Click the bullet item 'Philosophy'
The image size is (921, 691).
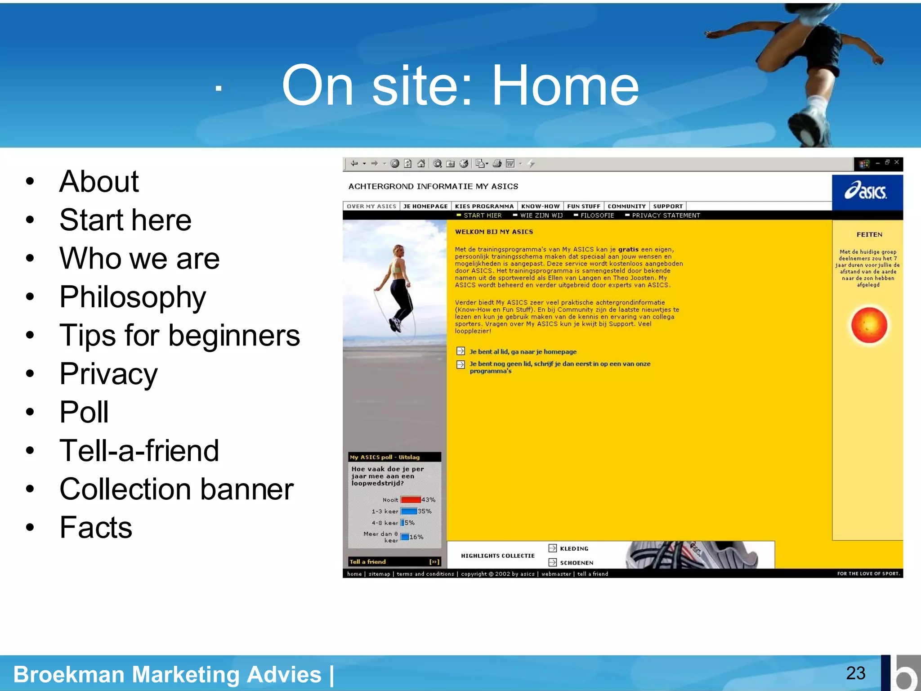(x=133, y=297)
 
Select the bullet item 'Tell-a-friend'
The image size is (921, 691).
(x=139, y=451)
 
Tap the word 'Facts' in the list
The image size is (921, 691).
(x=96, y=528)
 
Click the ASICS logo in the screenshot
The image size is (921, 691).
(x=866, y=192)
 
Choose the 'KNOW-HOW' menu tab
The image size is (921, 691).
(x=540, y=206)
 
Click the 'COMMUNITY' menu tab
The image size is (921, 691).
(x=626, y=206)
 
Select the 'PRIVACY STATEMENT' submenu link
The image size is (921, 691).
(x=666, y=215)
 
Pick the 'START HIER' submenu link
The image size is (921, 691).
(x=482, y=215)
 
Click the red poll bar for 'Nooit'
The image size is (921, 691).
(x=410, y=500)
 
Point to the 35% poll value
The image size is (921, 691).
(x=425, y=512)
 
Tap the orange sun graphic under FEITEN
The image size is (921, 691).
(x=869, y=325)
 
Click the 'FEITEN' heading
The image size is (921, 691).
(x=869, y=234)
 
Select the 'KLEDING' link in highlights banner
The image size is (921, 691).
(x=573, y=548)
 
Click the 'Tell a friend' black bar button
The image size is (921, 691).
(x=394, y=561)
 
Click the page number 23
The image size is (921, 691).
(x=855, y=673)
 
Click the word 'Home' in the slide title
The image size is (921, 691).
(x=565, y=85)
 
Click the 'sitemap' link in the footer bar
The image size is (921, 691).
(x=379, y=574)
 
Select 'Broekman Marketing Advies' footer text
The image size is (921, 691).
(x=167, y=674)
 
